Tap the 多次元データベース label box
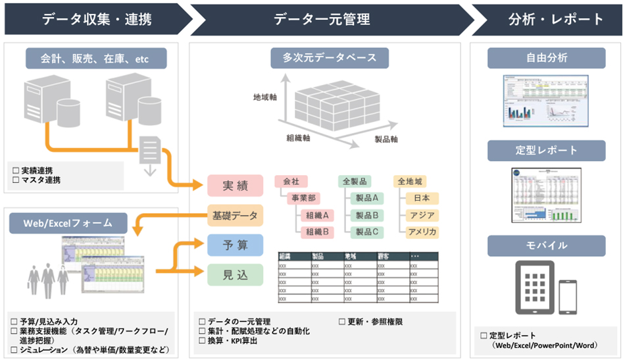(x=330, y=58)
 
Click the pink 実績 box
(x=235, y=186)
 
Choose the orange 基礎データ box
(x=235, y=215)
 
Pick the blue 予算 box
(x=235, y=245)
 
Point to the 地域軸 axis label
(x=266, y=97)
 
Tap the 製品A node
(x=366, y=198)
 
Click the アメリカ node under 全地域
(x=422, y=232)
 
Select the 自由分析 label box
(x=546, y=58)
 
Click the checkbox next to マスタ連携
(x=15, y=179)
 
